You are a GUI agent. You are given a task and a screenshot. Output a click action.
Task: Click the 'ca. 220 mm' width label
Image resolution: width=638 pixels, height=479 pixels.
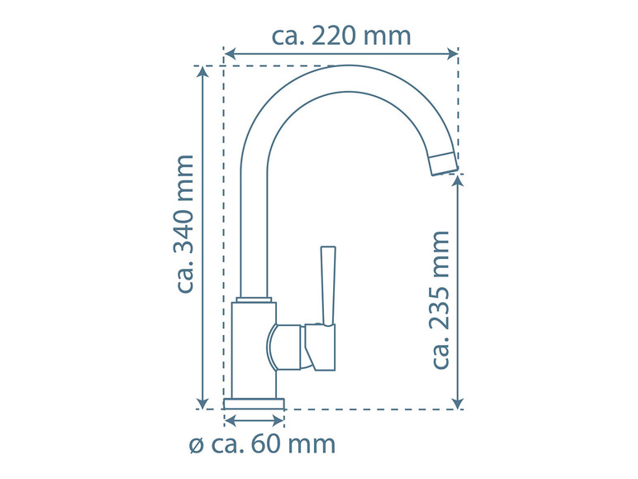click(x=341, y=36)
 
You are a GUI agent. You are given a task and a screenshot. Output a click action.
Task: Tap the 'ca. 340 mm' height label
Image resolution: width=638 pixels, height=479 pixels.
click(x=185, y=223)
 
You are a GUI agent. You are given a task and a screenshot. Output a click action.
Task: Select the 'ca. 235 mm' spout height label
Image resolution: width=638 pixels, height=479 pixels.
click(x=440, y=300)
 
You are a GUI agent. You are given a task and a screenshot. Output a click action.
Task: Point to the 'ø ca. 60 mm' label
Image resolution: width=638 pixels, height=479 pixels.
click(x=263, y=444)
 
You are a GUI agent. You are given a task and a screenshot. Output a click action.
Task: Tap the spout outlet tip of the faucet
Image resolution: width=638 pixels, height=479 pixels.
click(x=445, y=164)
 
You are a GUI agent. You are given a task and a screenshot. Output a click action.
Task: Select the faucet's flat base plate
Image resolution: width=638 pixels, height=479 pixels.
click(x=254, y=404)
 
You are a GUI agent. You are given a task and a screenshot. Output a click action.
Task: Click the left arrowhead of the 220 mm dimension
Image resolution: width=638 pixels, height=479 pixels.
click(x=231, y=54)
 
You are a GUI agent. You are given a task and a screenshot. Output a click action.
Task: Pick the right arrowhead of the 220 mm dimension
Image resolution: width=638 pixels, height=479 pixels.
click(x=452, y=54)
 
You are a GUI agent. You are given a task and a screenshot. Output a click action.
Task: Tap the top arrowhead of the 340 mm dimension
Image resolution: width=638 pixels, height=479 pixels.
click(x=202, y=72)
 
